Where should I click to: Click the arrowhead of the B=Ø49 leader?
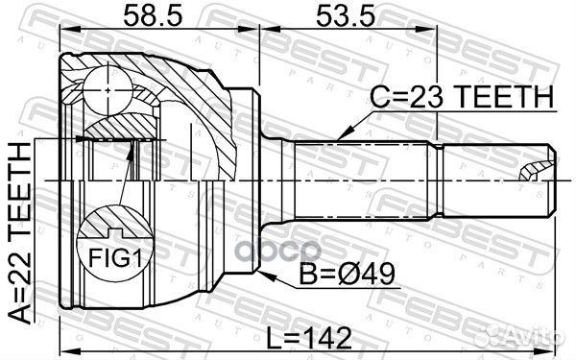click(261, 273)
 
